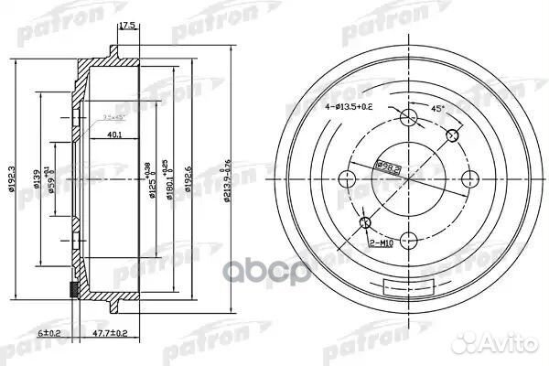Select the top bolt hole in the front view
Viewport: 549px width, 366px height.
pyautogui.click(x=408, y=116)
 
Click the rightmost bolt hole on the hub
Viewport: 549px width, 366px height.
pyautogui.click(x=468, y=178)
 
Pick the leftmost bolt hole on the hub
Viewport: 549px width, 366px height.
pyautogui.click(x=348, y=178)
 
